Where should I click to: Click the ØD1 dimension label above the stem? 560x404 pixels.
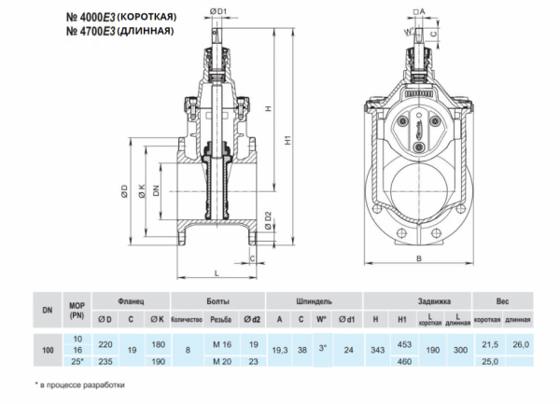(218, 12)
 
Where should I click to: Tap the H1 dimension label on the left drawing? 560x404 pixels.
(287, 140)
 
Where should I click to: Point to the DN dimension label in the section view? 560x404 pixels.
(156, 191)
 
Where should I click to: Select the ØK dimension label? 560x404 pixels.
(142, 191)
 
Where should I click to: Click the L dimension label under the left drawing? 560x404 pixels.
(217, 273)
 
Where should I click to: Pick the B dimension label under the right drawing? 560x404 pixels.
(419, 258)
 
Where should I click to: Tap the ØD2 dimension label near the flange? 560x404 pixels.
(268, 221)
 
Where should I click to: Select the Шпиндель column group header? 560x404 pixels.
(314, 301)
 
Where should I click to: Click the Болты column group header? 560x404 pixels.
(217, 301)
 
